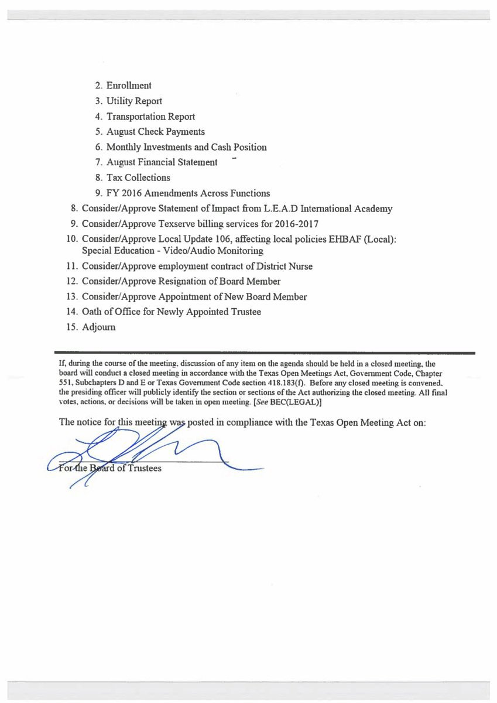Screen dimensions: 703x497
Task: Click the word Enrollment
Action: [129, 86]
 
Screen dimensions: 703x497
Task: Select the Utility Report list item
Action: [134, 101]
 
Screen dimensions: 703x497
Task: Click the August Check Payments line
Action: [155, 132]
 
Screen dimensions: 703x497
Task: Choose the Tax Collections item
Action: [138, 178]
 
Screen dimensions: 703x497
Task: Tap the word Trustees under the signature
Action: [144, 468]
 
